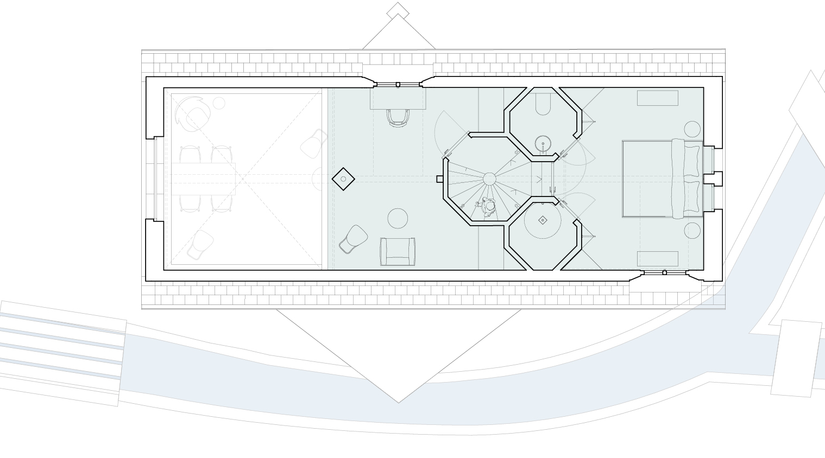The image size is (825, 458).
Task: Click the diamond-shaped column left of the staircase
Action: click(343, 179)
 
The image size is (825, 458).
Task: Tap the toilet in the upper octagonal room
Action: click(543, 105)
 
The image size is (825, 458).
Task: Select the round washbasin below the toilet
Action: click(543, 144)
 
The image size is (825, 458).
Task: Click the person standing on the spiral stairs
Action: click(489, 207)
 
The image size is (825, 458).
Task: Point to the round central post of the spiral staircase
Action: click(489, 179)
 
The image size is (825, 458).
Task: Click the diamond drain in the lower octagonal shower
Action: click(543, 220)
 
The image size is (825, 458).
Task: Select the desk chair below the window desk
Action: click(398, 117)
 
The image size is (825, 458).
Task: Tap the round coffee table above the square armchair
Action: click(398, 218)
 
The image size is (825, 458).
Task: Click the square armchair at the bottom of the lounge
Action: click(398, 251)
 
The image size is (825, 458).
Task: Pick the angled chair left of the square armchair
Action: click(354, 239)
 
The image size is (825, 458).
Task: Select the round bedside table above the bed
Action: click(692, 129)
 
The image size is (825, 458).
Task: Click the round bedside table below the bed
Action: click(692, 231)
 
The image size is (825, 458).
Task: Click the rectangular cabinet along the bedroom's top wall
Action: click(657, 98)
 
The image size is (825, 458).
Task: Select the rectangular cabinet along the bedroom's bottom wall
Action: click(657, 258)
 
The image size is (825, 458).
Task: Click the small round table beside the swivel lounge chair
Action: click(219, 103)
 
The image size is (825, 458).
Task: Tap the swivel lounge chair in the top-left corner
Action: click(194, 114)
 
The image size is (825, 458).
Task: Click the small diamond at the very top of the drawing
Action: click(398, 10)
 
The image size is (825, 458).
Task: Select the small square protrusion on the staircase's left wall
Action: click(440, 179)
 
